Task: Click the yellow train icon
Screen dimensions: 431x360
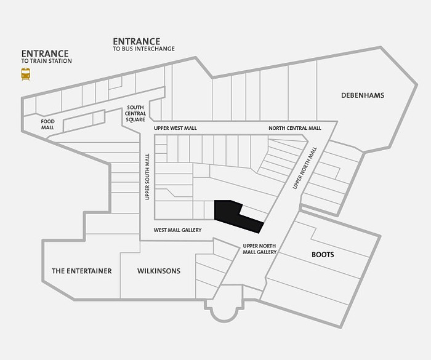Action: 26,74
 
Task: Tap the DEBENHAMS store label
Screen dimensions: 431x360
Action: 363,95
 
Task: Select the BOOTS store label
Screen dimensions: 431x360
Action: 323,255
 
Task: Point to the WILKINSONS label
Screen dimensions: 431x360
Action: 159,271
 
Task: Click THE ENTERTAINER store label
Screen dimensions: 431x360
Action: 82,271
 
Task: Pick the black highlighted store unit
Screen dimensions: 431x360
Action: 236,216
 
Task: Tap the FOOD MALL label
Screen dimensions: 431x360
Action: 47,124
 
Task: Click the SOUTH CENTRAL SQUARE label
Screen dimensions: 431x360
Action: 135,113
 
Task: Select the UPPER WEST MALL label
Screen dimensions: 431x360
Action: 175,129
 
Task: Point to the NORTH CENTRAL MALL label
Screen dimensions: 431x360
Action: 295,128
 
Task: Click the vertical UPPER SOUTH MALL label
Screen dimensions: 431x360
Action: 147,177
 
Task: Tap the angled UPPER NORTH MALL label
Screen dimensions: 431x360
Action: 305,168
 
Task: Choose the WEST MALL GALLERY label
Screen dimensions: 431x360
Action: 177,230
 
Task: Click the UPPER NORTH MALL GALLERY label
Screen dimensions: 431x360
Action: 259,249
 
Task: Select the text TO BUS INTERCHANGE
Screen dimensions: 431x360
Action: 143,49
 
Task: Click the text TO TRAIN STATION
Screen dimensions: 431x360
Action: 46,61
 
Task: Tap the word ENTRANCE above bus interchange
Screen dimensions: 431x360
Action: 137,41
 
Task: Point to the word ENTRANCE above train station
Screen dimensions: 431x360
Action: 45,54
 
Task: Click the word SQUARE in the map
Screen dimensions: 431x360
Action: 135,119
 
